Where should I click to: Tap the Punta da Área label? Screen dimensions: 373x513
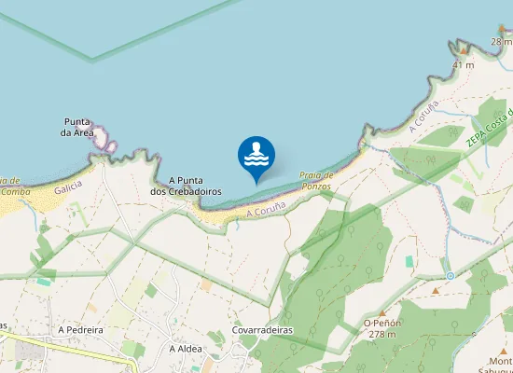point(76,127)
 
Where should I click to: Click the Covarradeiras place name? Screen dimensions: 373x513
point(262,330)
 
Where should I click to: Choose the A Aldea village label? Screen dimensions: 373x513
point(186,349)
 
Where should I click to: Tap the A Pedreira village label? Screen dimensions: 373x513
point(79,330)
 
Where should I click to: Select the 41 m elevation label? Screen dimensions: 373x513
point(464,65)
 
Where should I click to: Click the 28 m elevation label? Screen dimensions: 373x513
point(502,42)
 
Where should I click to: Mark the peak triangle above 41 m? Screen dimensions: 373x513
point(462,53)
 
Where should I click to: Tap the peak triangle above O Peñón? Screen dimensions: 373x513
point(381,312)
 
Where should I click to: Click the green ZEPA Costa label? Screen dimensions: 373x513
point(489,128)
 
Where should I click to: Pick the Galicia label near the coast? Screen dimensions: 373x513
point(68,187)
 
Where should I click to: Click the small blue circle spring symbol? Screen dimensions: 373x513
point(451,276)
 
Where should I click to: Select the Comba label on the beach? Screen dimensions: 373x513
point(16,191)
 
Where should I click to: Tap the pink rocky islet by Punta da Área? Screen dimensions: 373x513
point(110,145)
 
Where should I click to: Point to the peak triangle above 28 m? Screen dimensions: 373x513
point(502,30)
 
